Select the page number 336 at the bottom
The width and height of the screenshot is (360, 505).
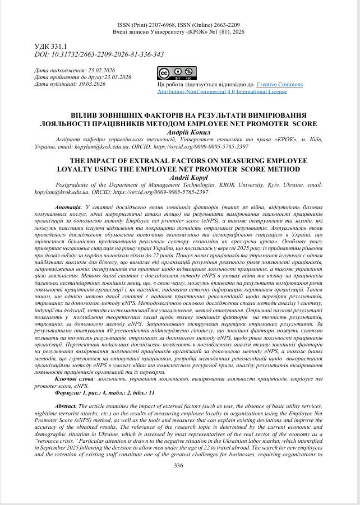(x=179, y=465)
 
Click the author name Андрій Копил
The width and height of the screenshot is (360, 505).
(x=179, y=132)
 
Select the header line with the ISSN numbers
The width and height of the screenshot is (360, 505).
(x=179, y=25)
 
